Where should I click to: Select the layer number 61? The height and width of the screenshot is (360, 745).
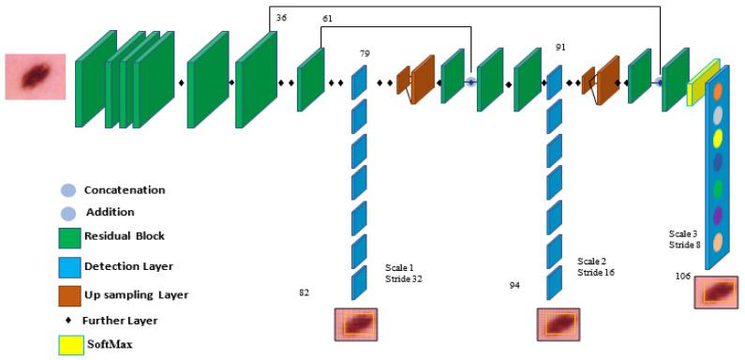[x=327, y=18]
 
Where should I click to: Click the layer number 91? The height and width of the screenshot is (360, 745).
[x=560, y=46]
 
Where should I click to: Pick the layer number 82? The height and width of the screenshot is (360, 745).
[x=304, y=293]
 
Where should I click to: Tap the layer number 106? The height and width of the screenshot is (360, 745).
[x=683, y=276]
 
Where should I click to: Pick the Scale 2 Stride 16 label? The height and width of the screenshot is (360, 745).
[x=601, y=267]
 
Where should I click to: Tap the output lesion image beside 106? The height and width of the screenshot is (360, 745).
[x=719, y=292]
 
